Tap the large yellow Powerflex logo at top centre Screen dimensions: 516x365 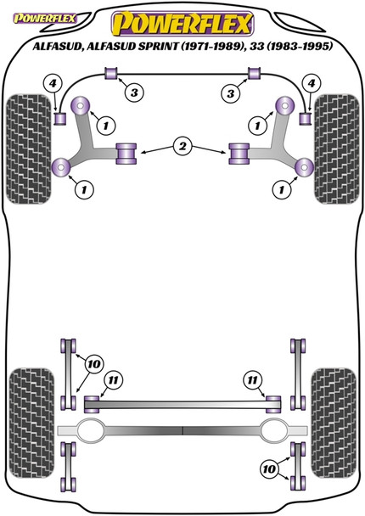(x=182, y=20)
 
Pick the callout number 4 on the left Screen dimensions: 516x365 (x=52, y=82)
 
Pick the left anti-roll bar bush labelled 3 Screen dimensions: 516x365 (x=110, y=78)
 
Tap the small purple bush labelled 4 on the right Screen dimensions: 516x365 (x=305, y=116)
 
